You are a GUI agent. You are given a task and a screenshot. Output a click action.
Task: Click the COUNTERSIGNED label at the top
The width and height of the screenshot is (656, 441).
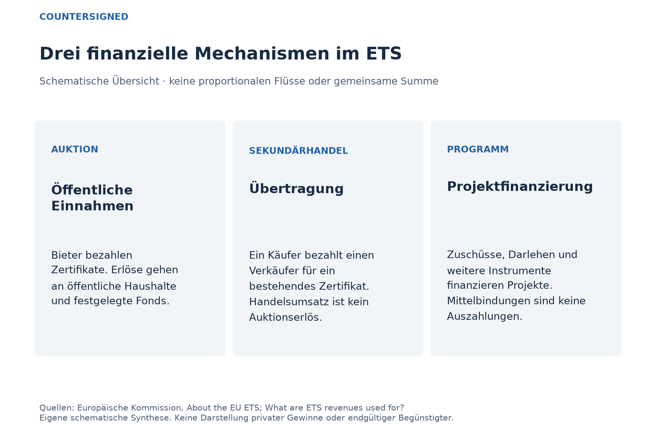pos(84,17)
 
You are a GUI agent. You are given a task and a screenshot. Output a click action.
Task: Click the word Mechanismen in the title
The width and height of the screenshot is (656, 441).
pos(262,54)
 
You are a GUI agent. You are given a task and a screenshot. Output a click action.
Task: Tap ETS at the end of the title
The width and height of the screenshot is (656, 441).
pos(384,54)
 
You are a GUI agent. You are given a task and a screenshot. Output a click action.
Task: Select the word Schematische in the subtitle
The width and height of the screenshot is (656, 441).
pos(74,81)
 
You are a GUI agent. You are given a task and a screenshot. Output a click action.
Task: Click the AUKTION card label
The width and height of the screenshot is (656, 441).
pos(75,149)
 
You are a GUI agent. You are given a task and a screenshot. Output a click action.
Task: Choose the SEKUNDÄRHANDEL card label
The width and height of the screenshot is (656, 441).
pos(299,151)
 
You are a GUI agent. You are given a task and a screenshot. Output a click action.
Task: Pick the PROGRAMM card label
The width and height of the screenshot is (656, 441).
pos(477,149)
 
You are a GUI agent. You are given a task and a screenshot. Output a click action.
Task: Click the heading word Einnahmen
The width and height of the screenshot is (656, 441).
pos(92,206)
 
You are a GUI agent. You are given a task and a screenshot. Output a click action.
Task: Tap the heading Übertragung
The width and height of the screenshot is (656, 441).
pos(296,188)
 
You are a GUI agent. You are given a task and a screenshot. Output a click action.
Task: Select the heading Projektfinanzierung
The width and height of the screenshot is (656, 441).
pos(520,186)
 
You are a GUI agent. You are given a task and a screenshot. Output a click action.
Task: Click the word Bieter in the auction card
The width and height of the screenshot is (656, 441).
pos(66,255)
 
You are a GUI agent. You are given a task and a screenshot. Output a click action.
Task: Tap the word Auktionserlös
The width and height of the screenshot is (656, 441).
pos(285,317)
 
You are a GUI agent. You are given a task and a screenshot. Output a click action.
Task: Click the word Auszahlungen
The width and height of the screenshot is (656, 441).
pos(484,316)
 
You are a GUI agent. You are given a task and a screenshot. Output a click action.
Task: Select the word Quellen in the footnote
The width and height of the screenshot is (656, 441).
pos(57,408)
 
